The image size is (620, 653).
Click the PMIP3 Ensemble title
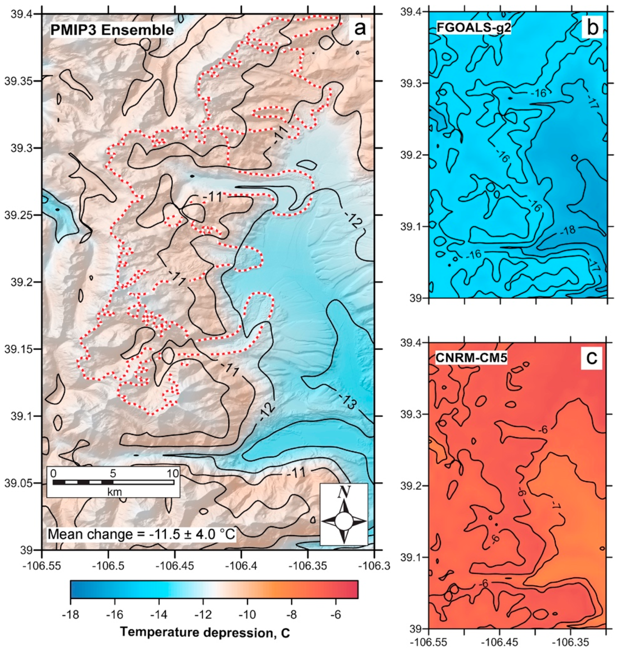[x=112, y=30]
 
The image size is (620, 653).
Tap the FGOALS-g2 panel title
[x=473, y=28]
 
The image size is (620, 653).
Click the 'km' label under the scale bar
[x=114, y=492]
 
